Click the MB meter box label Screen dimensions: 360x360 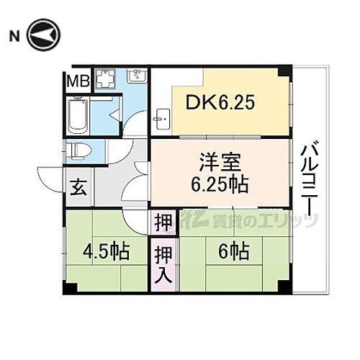coord(78,81)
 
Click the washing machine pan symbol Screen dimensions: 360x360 coord(108,79)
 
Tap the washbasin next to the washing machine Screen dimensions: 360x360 coord(138,76)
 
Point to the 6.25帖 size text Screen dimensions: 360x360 coord(219,184)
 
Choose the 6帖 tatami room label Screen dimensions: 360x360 coord(233,252)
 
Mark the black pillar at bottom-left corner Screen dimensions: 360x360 coord(69,288)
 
